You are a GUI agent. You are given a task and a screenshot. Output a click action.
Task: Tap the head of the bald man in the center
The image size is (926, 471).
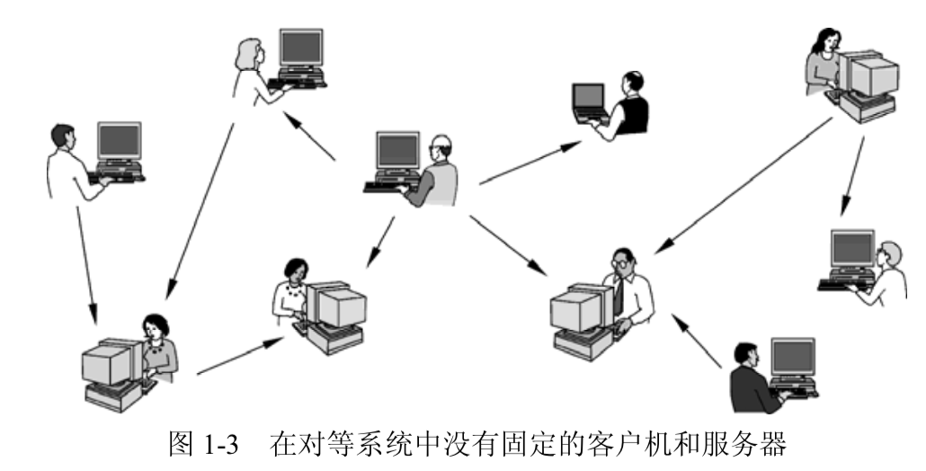(439, 144)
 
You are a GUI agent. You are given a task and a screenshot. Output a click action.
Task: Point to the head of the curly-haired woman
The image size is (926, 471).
(296, 270)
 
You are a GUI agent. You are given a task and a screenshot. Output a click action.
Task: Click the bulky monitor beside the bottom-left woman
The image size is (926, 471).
(107, 363)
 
